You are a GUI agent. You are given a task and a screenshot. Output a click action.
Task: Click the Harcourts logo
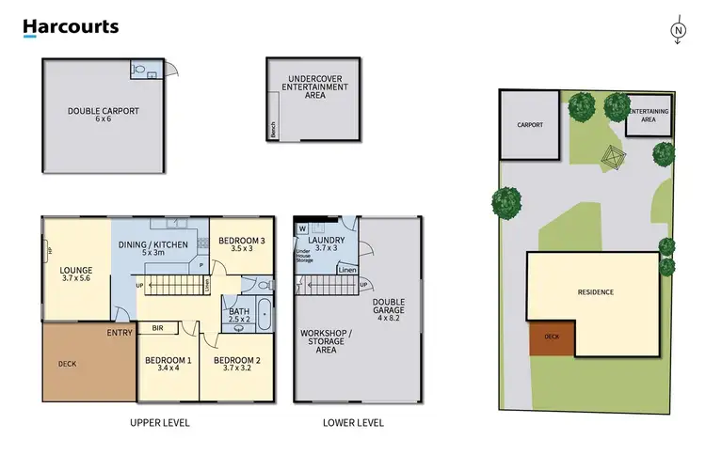click(x=71, y=27)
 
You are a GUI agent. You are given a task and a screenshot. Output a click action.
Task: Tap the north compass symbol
click(x=678, y=32)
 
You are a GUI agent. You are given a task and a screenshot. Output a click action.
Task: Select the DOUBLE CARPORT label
click(x=104, y=115)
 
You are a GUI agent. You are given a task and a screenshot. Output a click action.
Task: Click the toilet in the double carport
click(x=139, y=69)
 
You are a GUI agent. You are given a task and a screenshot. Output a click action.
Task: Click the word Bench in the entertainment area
click(x=273, y=132)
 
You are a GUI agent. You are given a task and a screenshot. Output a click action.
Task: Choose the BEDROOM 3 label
click(x=242, y=245)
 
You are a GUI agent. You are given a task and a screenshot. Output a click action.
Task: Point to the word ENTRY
click(x=120, y=333)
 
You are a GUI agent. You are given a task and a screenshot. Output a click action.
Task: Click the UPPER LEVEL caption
click(x=160, y=423)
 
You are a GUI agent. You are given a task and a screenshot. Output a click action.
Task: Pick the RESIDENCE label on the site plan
click(x=595, y=292)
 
